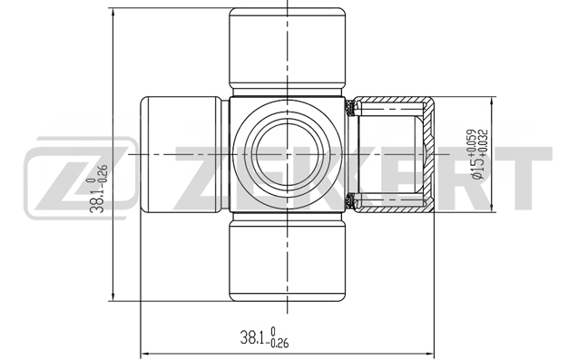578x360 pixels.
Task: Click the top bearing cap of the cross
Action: point(287,47)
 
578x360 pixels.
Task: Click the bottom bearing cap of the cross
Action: point(287,261)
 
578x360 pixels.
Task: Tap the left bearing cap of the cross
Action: point(181,154)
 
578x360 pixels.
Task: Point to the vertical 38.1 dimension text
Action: point(99,189)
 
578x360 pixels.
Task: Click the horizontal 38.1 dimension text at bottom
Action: point(264,336)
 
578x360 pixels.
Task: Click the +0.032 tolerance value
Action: point(484,140)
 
